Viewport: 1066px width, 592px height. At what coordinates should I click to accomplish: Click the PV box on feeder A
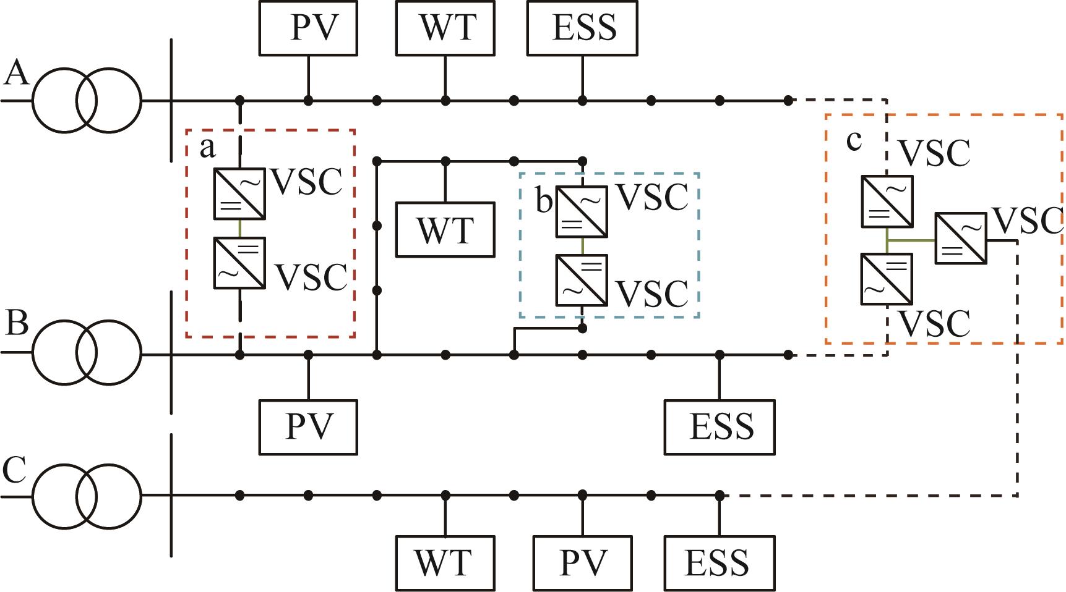pyautogui.click(x=308, y=28)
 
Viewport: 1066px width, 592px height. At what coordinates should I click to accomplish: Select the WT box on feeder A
pyautogui.click(x=445, y=28)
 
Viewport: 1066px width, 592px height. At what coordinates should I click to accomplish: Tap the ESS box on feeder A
pyautogui.click(x=582, y=28)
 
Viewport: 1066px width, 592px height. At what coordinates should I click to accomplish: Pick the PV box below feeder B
pyautogui.click(x=308, y=428)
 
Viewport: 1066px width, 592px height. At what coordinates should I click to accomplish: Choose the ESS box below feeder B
pyautogui.click(x=720, y=428)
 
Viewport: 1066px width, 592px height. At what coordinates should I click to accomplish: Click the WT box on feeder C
pyautogui.click(x=445, y=563)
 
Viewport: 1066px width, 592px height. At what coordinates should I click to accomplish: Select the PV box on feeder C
pyautogui.click(x=582, y=563)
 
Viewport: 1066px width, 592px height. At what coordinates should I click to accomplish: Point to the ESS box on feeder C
pyautogui.click(x=720, y=563)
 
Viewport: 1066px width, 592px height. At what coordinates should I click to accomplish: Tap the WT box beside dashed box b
pyautogui.click(x=445, y=229)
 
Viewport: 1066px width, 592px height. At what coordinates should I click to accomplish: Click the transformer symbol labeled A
pyautogui.click(x=87, y=100)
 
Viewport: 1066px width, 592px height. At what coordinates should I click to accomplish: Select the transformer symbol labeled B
pyautogui.click(x=87, y=354)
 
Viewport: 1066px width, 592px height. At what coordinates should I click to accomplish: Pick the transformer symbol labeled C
pyautogui.click(x=87, y=496)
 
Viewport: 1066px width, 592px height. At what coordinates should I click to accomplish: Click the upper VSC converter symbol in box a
pyautogui.click(x=239, y=193)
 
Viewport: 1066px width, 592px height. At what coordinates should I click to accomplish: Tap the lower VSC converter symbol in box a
pyautogui.click(x=239, y=263)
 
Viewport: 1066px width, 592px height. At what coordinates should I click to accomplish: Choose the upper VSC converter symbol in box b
pyautogui.click(x=582, y=211)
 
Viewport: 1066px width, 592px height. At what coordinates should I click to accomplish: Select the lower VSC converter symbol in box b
pyautogui.click(x=582, y=281)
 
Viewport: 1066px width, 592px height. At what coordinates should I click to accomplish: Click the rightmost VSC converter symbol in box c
pyautogui.click(x=960, y=239)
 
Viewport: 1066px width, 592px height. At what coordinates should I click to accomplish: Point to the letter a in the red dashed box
pyautogui.click(x=208, y=148)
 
